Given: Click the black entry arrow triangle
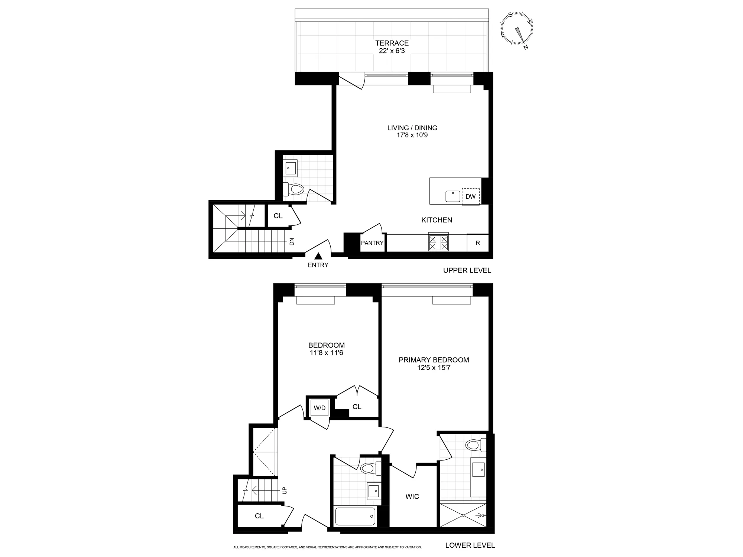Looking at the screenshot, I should (x=318, y=256).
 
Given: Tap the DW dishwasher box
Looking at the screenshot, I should (x=470, y=196).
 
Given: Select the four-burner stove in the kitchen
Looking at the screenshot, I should (x=438, y=242).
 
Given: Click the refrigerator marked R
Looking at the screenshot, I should (x=478, y=243).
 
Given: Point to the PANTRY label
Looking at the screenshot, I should (x=372, y=243).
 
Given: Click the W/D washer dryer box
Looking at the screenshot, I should (x=319, y=408).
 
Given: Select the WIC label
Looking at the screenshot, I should (x=412, y=496).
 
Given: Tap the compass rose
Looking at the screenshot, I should (x=517, y=29).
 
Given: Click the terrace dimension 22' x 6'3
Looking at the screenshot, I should (x=392, y=51).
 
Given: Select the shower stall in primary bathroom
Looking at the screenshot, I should (x=463, y=515).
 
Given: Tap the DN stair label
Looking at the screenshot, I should (x=292, y=241).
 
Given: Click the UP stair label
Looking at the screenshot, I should (x=285, y=491).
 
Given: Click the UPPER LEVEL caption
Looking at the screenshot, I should (x=467, y=270).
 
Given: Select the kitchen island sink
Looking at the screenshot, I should (x=453, y=196).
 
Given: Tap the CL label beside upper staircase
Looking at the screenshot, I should (x=278, y=216).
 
